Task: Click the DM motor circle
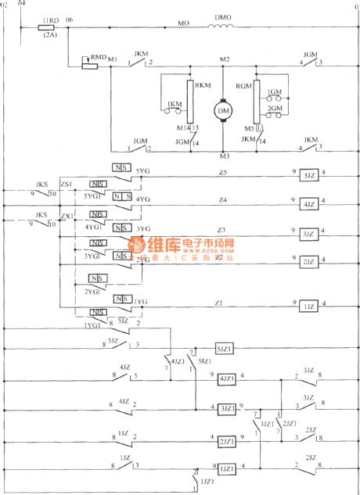[x=223, y=110]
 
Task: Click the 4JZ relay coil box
[x=307, y=205]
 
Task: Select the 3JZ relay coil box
[x=307, y=234]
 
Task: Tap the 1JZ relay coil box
[x=307, y=304]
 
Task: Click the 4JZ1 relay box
[x=226, y=378]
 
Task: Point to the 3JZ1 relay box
[x=226, y=407]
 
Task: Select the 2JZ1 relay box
[x=227, y=439]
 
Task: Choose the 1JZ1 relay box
[x=227, y=468]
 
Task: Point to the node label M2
[x=225, y=60]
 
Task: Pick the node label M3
[x=224, y=154]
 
